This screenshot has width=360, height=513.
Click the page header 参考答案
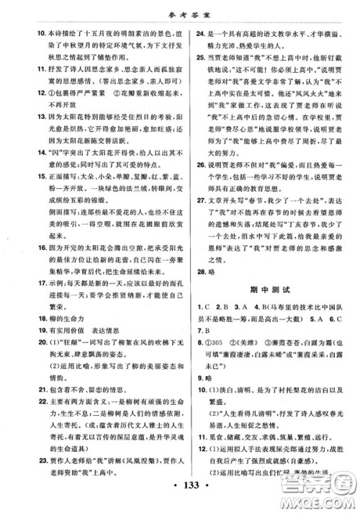pos(179,11)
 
